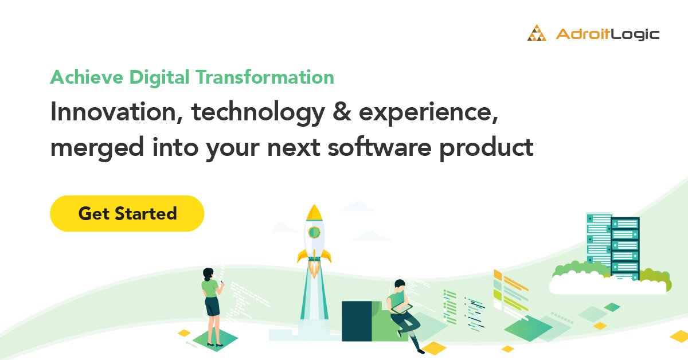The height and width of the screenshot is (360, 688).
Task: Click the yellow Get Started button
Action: coord(127,214)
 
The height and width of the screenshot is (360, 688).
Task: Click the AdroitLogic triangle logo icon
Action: coord(537,33)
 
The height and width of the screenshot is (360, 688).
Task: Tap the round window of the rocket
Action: coord(314,232)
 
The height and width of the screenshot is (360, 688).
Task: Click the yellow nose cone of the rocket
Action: coord(314,212)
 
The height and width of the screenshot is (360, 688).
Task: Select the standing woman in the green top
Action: coord(210,304)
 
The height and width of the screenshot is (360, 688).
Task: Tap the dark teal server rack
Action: coord(624,246)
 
